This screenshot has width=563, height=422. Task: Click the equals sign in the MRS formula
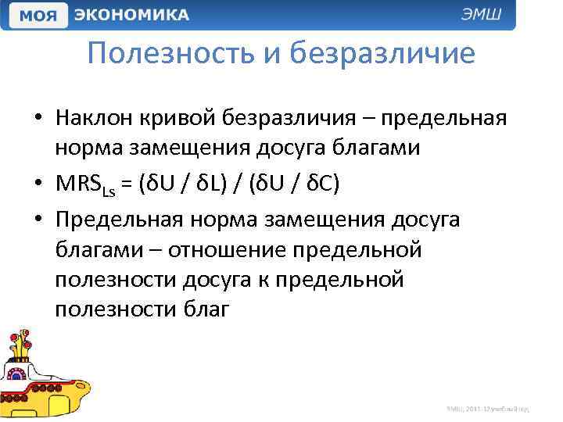[x=125, y=184]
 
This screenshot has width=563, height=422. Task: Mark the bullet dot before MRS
[x=38, y=184]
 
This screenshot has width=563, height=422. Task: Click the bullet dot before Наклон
[x=38, y=119]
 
